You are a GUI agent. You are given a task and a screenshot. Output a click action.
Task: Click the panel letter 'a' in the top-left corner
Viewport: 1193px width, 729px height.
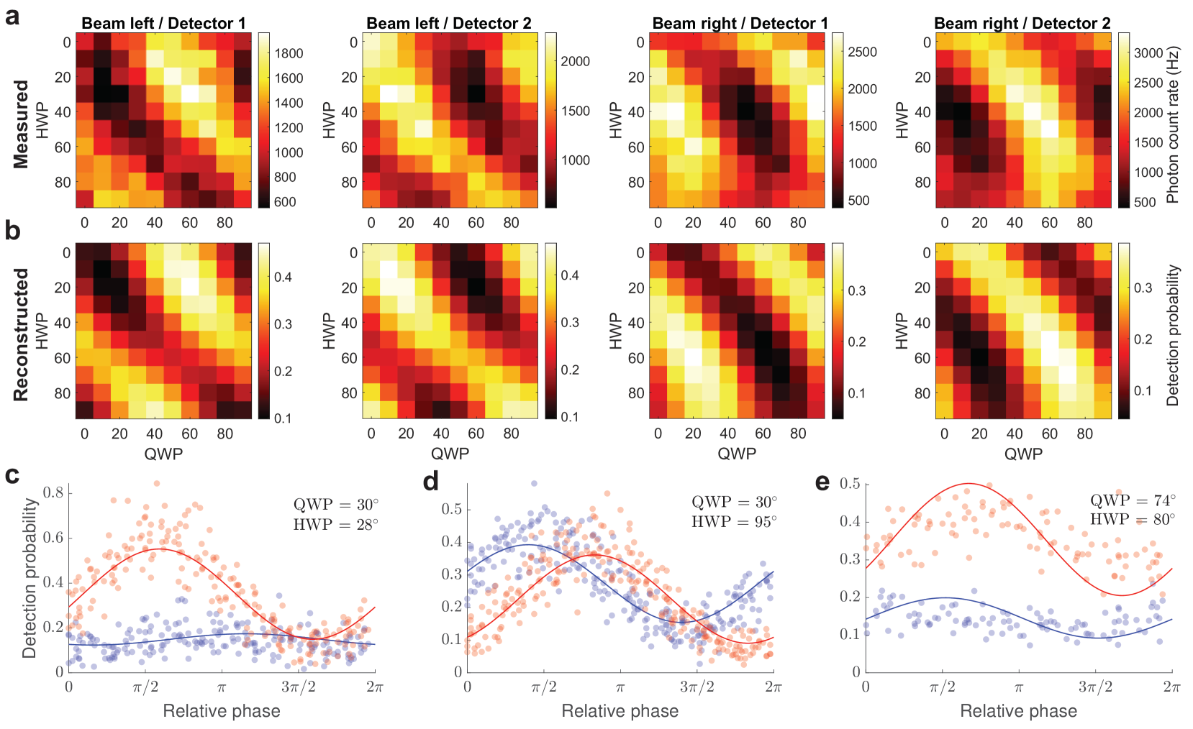point(12,16)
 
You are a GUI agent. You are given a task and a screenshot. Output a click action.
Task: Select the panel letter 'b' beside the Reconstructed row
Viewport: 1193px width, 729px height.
point(12,231)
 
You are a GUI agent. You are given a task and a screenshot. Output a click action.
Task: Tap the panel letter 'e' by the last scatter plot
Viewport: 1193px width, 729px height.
point(822,482)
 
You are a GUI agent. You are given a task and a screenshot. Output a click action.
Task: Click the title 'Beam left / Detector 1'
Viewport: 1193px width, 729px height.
point(163,23)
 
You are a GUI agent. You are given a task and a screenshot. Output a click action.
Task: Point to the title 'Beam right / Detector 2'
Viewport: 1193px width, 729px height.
point(1022,23)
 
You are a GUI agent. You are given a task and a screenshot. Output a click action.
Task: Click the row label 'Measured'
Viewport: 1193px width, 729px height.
point(21,124)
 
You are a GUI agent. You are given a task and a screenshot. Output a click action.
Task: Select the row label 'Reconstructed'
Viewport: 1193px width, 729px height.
point(21,334)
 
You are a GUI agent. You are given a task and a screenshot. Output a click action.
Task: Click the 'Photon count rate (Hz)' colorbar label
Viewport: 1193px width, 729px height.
point(1172,124)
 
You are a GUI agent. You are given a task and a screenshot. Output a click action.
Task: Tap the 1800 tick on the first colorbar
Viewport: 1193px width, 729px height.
point(289,53)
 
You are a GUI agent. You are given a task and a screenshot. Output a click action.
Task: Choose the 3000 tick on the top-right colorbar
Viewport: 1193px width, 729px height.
point(1148,52)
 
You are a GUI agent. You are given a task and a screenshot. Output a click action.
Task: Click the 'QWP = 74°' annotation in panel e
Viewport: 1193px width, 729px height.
point(1133,500)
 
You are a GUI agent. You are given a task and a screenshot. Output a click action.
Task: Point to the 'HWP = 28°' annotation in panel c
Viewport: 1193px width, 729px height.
point(335,524)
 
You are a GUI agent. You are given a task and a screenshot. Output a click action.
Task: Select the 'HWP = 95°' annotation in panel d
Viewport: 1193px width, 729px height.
point(734,521)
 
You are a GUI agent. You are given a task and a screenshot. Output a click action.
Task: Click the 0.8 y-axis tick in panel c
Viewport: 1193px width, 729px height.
point(53,492)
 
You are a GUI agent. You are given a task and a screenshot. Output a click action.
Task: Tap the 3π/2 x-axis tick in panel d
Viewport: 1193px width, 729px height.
point(697,687)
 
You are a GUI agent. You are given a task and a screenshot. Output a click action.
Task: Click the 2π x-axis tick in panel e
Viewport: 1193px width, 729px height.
point(1171,687)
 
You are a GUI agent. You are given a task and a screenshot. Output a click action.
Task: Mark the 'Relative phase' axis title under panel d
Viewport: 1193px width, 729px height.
point(620,711)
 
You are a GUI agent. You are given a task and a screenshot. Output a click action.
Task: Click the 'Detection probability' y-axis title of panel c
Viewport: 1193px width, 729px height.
point(29,578)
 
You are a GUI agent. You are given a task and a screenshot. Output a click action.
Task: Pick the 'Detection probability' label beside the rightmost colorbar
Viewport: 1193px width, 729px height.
point(1173,335)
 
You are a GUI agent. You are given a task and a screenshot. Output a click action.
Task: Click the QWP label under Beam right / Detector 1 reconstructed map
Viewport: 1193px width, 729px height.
point(737,454)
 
